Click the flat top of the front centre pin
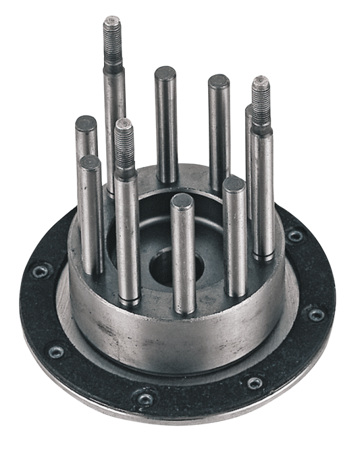pyautogui.click(x=180, y=201)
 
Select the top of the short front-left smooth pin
pyautogui.click(x=88, y=163)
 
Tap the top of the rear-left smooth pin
pyautogui.click(x=85, y=122)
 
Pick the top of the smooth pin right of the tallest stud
pyautogui.click(x=165, y=72)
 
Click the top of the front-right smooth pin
pyautogui.click(x=234, y=184)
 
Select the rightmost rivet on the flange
pyautogui.click(x=315, y=314)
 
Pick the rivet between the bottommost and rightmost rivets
pyautogui.click(x=253, y=382)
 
